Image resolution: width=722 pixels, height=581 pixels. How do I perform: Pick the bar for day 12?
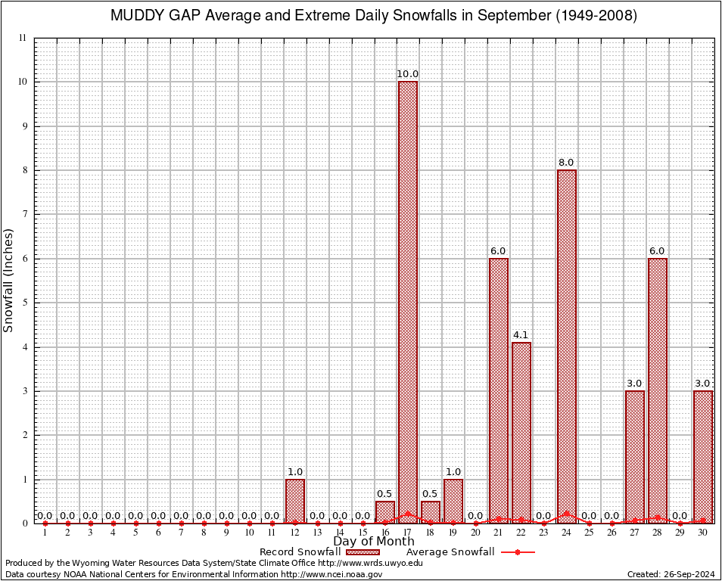[x=295, y=500]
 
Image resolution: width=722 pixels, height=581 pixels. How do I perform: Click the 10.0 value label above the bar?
[x=408, y=74]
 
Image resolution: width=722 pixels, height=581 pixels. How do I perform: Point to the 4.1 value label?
[x=521, y=335]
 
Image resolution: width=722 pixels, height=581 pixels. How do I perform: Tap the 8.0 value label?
[x=566, y=163]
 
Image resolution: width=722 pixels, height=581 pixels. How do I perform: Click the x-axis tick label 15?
[x=363, y=533]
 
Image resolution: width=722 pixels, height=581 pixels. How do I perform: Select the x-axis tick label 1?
[x=45, y=533]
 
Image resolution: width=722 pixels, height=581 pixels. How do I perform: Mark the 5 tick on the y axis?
[x=24, y=303]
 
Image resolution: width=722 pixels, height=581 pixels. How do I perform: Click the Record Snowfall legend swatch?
[x=363, y=552]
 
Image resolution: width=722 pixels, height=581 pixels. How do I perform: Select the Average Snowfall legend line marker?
[x=518, y=552]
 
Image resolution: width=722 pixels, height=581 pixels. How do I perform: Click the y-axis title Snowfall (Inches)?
[x=9, y=280]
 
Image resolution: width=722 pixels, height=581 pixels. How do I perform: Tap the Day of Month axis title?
[x=374, y=542]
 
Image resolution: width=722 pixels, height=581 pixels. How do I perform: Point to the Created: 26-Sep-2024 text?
[x=671, y=575]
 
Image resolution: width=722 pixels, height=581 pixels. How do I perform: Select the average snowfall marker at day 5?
[x=136, y=523]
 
